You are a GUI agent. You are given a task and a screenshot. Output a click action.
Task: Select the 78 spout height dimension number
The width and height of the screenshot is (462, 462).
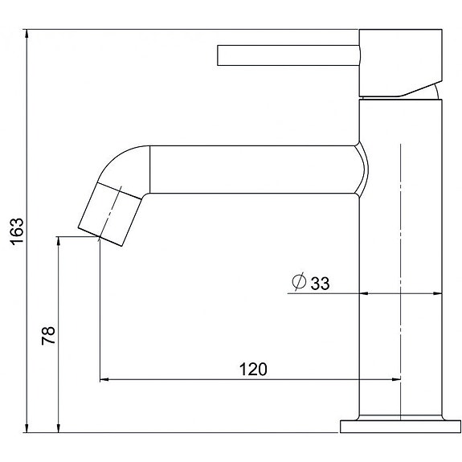coord(48,335)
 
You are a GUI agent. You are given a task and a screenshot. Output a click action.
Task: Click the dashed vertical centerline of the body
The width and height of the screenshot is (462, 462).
coord(399,241)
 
